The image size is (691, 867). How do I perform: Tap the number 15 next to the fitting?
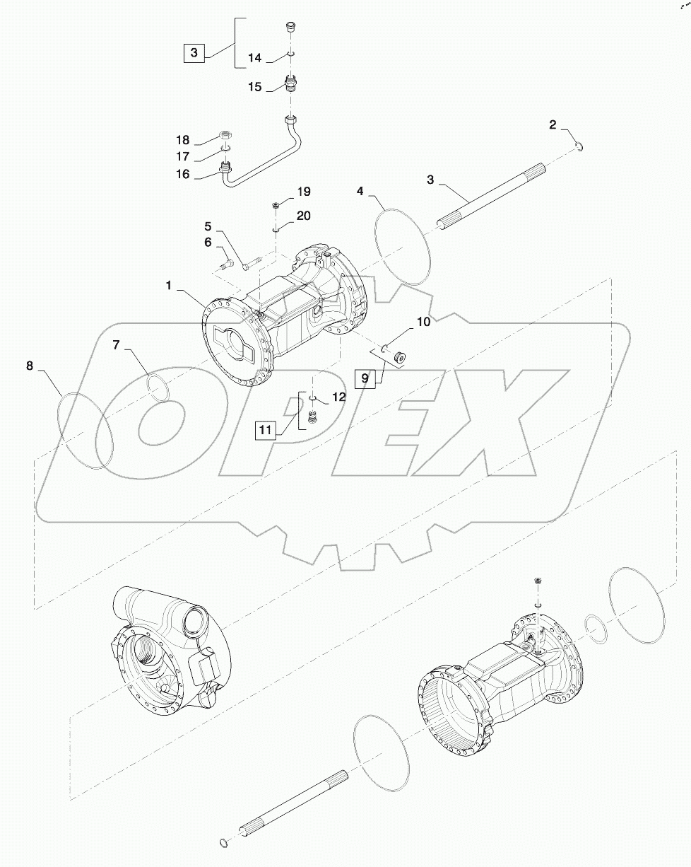tap(255, 87)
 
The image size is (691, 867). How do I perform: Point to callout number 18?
tap(182, 140)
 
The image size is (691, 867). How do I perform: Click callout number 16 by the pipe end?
tap(182, 173)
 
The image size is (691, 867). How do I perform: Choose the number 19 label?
tap(302, 192)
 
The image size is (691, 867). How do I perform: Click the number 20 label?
tap(302, 216)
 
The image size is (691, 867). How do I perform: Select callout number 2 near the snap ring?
tap(553, 125)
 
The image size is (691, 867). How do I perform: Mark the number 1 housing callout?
tap(170, 285)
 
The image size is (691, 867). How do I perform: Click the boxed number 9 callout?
tap(365, 378)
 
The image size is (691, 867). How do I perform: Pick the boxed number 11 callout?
tap(265, 429)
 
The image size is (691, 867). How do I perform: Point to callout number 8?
tap(30, 366)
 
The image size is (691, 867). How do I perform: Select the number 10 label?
tap(423, 322)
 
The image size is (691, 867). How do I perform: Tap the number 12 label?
tap(338, 397)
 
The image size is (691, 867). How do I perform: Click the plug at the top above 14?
tap(290, 28)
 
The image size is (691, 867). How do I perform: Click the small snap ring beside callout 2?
tap(579, 146)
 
